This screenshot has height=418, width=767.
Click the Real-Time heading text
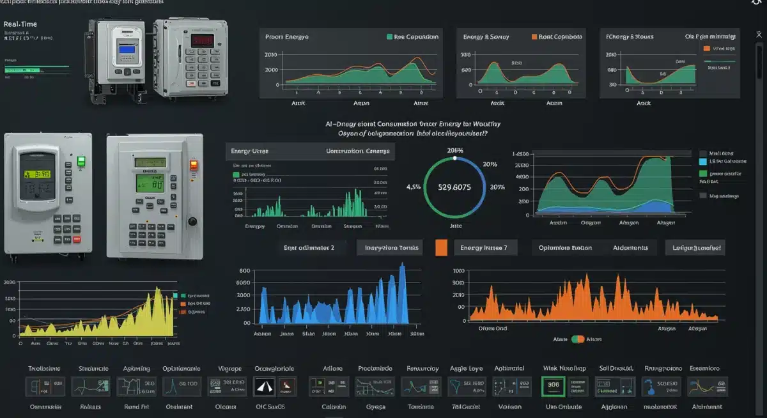click(x=20, y=24)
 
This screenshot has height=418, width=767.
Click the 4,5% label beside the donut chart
click(x=414, y=187)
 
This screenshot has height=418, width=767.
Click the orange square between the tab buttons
click(x=441, y=248)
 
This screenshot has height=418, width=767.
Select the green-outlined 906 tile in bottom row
click(x=554, y=385)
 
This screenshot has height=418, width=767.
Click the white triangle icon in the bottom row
click(x=266, y=385)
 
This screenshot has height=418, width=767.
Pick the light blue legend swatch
click(x=703, y=162)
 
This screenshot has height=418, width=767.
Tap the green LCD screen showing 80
click(x=152, y=183)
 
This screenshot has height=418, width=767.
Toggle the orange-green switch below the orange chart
click(x=578, y=339)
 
